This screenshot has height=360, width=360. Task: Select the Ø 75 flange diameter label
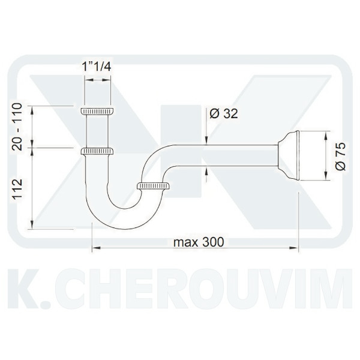(340, 156)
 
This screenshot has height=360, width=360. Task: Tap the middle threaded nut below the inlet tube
(97, 151)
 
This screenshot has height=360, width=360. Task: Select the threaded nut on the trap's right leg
(154, 186)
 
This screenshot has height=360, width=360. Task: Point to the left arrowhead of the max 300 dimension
(94, 246)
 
